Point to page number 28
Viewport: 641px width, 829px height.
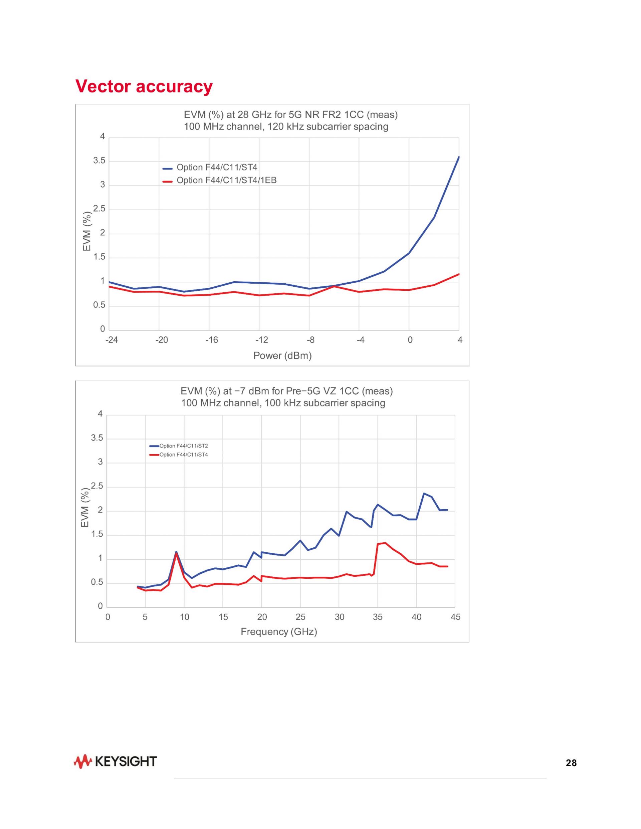[x=571, y=763]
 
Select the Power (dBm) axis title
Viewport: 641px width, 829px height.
[x=282, y=356]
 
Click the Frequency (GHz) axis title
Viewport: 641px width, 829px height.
[x=279, y=632]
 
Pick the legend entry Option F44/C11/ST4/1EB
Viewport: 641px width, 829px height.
[x=226, y=180]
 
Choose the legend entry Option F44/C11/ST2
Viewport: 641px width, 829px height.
[x=183, y=446]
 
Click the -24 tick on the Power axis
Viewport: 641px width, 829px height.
[x=111, y=340]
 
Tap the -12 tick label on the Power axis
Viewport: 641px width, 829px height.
[x=261, y=340]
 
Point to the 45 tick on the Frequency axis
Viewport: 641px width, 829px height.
[x=455, y=617]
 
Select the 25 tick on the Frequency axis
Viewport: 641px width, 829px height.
[x=300, y=617]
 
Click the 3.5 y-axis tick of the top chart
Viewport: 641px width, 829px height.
[x=99, y=161]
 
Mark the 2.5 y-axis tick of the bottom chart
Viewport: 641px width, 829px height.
[x=97, y=487]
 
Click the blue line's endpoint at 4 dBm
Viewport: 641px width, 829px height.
[x=459, y=157]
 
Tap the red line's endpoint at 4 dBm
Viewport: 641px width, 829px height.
[x=459, y=274]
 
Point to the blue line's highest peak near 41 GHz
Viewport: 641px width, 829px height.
[x=424, y=494]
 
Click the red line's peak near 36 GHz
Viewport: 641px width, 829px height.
[x=386, y=543]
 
